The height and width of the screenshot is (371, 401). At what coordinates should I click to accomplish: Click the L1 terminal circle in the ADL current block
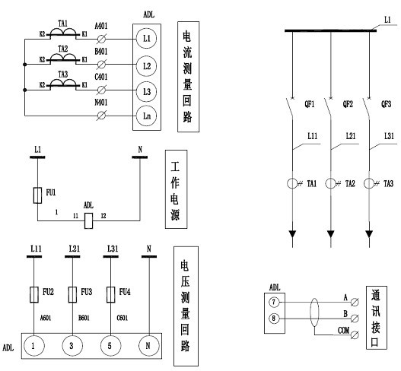147,39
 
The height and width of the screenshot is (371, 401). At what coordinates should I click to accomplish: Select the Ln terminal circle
147,116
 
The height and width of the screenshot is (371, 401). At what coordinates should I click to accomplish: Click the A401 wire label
101,26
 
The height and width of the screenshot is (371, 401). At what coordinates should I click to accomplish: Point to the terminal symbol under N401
101,116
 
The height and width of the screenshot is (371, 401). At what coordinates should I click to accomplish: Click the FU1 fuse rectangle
37,195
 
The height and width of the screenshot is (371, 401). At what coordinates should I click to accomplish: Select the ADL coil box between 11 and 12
88,220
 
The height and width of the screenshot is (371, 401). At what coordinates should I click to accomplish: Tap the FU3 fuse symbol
72,295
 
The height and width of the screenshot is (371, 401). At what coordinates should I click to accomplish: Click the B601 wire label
84,318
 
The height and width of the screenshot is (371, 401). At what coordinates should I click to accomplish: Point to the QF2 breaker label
348,104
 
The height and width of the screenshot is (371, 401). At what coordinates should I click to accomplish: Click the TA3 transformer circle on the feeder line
369,183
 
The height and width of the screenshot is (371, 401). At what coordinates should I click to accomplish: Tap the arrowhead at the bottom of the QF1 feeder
292,234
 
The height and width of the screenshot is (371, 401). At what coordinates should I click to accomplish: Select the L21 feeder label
351,136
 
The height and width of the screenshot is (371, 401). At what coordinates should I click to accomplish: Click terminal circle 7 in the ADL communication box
274,303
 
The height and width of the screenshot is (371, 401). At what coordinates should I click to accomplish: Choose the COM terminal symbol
355,335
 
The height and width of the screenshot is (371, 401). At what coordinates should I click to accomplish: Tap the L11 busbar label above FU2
36,249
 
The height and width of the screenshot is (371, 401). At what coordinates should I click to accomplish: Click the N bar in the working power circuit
140,157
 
